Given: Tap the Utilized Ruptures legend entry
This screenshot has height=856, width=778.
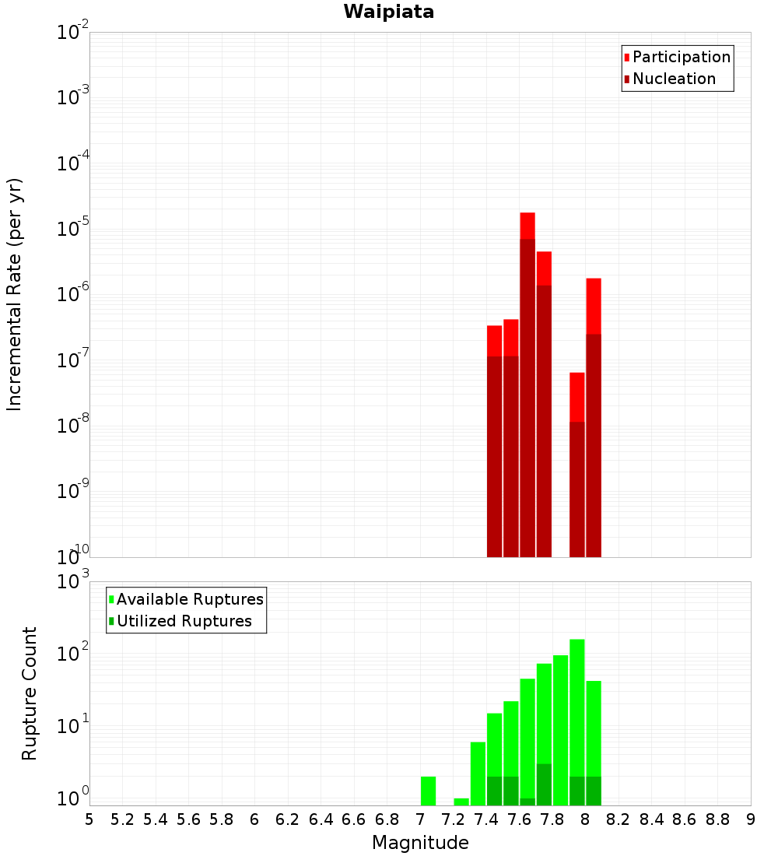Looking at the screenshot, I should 184,621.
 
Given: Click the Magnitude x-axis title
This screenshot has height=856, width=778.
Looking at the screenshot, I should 420,843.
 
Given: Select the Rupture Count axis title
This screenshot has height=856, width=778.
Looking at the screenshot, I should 30,693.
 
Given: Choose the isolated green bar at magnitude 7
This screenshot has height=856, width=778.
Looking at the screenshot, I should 428,791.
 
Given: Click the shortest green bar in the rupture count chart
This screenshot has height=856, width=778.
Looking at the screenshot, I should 461,802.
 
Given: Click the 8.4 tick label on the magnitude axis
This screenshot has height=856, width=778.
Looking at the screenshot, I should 652,819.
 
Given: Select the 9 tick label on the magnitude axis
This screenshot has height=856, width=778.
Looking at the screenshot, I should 751,819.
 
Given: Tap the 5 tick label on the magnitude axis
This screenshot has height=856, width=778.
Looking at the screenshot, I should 89,819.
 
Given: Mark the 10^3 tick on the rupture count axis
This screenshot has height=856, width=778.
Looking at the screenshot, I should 74,583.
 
